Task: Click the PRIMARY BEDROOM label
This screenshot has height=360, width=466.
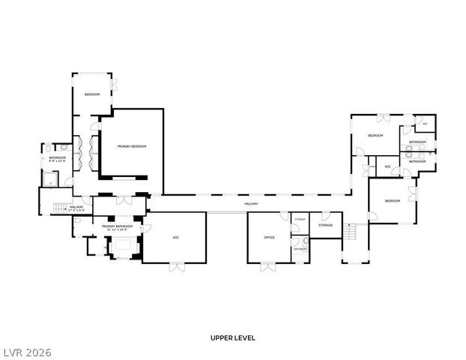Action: tap(131, 146)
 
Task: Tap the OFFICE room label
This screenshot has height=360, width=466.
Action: tap(269, 238)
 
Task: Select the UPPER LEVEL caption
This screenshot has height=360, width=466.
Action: tap(232, 338)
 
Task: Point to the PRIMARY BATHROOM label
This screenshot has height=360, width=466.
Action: tap(118, 226)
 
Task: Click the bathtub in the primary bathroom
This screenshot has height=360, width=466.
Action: tap(121, 247)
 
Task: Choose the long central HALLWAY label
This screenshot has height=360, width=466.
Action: tap(250, 204)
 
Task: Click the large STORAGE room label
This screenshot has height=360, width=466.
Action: tap(325, 225)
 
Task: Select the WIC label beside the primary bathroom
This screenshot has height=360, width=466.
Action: tap(175, 238)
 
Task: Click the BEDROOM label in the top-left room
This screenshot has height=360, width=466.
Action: tap(91, 94)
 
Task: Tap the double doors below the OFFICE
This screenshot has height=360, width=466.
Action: tap(268, 265)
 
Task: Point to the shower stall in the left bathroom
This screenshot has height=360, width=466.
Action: tap(51, 178)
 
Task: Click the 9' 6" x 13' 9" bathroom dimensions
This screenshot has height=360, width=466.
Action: tap(58, 161)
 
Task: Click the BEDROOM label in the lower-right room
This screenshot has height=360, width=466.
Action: tap(393, 201)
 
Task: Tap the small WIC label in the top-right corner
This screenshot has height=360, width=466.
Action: tap(425, 124)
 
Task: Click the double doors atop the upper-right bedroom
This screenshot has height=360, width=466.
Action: tap(383, 117)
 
